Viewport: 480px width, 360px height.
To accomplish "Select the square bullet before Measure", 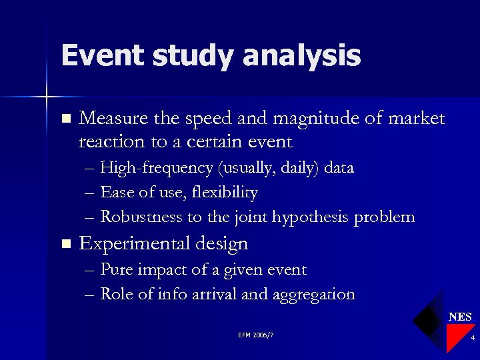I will coord(65,119).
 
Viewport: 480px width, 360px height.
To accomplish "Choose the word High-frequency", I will coord(156,168).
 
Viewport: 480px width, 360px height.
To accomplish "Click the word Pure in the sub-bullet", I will coord(116,270).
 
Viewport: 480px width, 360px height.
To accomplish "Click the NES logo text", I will coord(460,317).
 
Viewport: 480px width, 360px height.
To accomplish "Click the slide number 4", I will coord(472,339).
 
